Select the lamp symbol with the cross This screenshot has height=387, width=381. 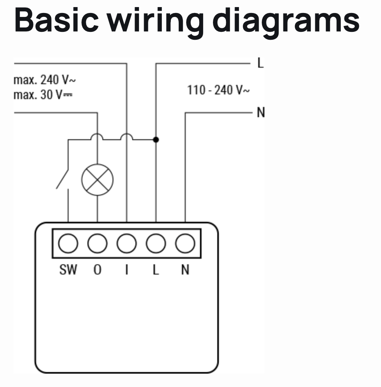pos(97,180)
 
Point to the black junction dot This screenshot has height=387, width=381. pos(156,139)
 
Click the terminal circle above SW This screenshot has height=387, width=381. pos(68,244)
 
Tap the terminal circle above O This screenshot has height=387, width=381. pos(97,244)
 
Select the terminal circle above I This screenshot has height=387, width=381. pos(126,244)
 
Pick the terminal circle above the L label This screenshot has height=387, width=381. pos(156,244)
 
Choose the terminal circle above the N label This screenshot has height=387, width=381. pos(185,244)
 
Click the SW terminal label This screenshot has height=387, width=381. pos(68,270)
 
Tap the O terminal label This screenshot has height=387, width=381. pos(97,270)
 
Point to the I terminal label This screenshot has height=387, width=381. pos(126,270)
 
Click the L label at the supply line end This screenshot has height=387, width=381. pos(260,63)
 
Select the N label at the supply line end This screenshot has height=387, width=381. pos(261,113)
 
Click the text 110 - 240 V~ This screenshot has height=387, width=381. pos(218,90)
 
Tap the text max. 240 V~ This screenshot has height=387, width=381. pos(44,81)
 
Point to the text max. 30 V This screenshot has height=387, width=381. pos(43,95)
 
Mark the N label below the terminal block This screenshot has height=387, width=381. pos(185,270)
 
